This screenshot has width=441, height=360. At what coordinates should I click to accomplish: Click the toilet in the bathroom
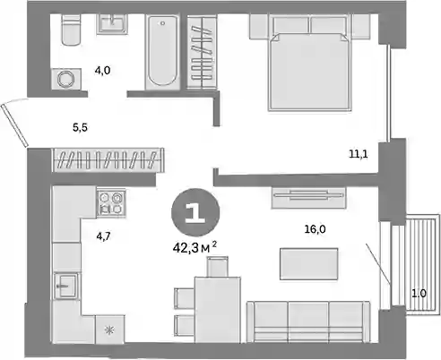click(x=72, y=30)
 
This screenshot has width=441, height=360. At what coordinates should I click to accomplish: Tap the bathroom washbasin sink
click(x=112, y=23)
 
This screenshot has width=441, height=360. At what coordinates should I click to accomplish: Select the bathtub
click(x=162, y=51)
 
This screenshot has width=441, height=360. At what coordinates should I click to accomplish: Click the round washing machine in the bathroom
click(x=66, y=79)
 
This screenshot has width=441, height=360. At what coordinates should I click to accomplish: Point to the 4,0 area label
click(x=102, y=71)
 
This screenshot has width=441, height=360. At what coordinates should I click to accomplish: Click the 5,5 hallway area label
click(x=80, y=128)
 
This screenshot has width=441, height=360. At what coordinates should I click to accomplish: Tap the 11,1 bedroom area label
click(x=359, y=154)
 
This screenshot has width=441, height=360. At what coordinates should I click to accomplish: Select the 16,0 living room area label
click(x=315, y=229)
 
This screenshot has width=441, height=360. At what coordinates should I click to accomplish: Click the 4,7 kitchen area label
click(x=103, y=236)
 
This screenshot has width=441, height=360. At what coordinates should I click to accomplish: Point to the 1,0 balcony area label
click(x=419, y=294)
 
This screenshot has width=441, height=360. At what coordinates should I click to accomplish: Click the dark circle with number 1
click(x=195, y=212)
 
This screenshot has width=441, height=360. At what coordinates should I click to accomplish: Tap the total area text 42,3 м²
click(x=195, y=247)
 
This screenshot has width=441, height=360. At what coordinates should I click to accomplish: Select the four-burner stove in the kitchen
click(x=111, y=202)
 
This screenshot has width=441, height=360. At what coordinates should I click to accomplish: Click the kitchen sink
click(x=66, y=286)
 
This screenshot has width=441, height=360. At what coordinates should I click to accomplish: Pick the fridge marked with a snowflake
click(x=110, y=330)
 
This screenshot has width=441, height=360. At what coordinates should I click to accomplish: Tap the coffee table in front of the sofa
click(x=309, y=264)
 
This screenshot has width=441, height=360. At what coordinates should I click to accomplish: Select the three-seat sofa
click(x=308, y=321)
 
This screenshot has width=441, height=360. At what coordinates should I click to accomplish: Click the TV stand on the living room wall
click(x=308, y=197)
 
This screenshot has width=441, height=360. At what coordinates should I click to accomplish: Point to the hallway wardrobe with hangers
click(x=108, y=159)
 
